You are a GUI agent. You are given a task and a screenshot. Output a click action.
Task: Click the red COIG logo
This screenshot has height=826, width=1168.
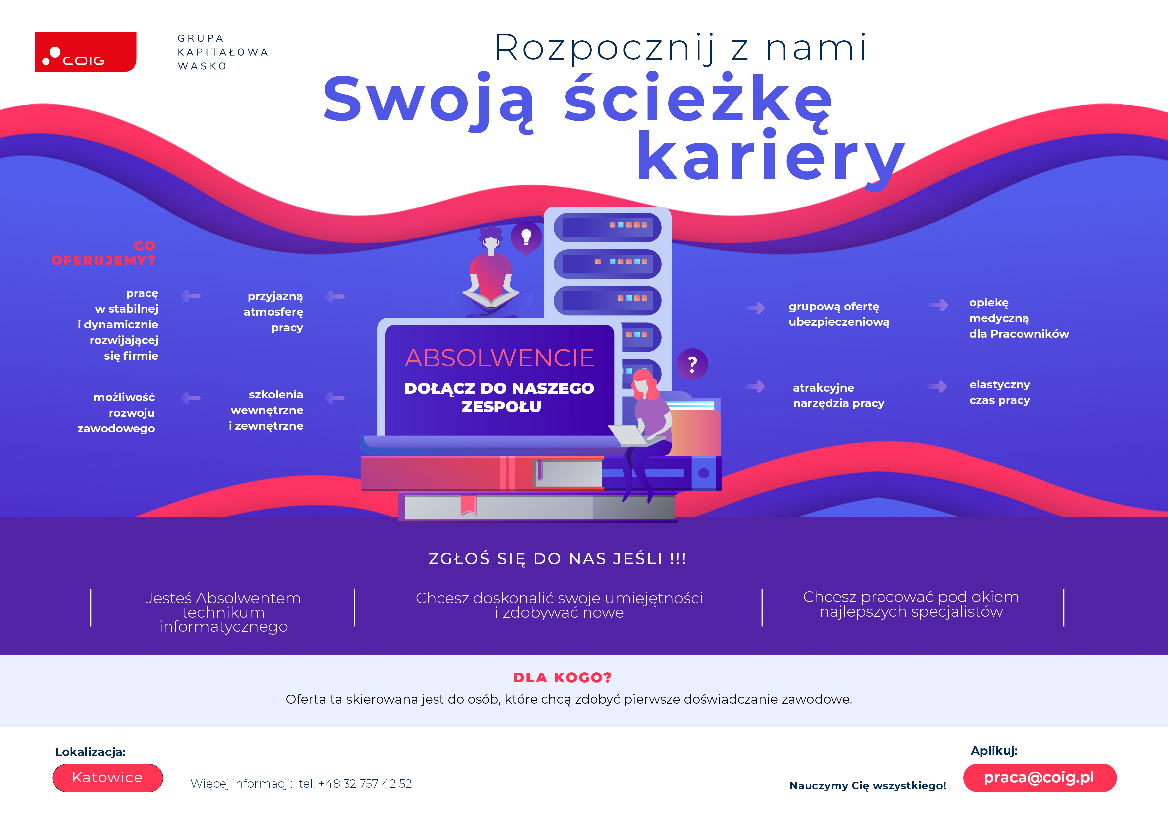click(85, 52)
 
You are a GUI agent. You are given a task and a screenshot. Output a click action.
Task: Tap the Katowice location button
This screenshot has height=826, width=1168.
click(107, 778)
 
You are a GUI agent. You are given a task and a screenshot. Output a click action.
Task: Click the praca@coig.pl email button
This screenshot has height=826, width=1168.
click(1039, 778)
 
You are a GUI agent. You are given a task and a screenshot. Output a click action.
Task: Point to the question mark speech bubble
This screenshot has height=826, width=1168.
click(692, 364)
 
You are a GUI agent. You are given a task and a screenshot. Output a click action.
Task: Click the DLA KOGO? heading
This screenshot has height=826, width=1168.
click(562, 678)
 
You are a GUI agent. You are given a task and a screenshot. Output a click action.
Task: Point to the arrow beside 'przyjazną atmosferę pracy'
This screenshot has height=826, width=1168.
click(335, 296)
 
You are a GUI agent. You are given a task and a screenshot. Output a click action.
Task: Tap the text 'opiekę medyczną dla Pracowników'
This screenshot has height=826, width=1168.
click(1019, 318)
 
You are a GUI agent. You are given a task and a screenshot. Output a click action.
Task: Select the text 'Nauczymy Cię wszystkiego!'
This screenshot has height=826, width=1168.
click(867, 785)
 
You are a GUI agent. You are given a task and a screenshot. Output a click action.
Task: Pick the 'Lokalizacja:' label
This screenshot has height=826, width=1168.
click(90, 752)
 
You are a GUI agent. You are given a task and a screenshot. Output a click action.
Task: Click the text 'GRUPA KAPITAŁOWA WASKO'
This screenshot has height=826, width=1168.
click(223, 52)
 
